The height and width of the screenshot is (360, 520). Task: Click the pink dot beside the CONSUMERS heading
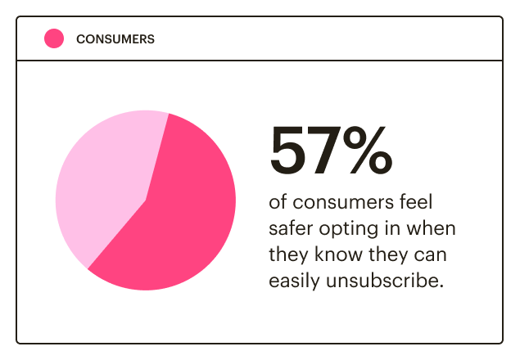point(54,38)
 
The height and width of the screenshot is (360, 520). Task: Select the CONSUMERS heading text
point(115,38)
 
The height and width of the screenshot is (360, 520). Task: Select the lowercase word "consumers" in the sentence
point(336,201)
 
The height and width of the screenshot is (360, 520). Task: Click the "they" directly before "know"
point(287,254)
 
